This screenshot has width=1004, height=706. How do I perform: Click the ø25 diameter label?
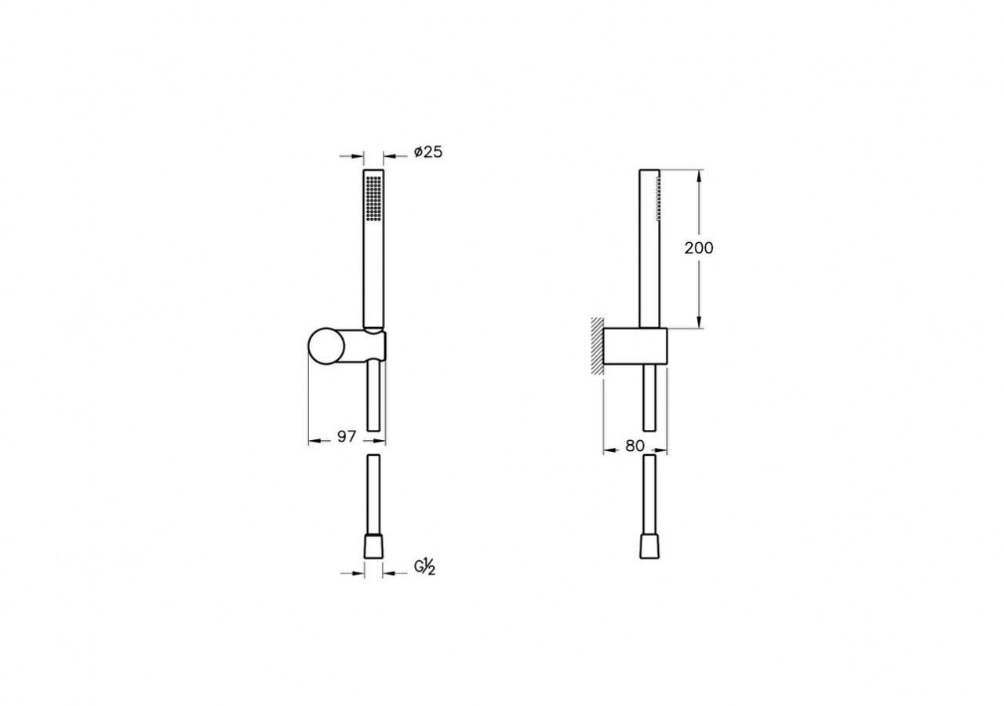coord(428,152)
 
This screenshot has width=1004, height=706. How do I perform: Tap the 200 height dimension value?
coord(699,248)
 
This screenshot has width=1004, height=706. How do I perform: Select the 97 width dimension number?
coord(347,436)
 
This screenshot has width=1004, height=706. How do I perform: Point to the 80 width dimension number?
coord(635,446)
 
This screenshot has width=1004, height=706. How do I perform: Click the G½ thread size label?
coord(424,567)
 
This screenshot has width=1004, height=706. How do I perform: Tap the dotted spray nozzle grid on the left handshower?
coord(373,198)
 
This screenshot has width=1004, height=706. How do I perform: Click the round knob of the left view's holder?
coord(326,346)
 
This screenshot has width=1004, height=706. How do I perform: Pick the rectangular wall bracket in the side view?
coord(635,346)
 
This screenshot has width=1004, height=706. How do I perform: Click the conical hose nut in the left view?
coord(373,547)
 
